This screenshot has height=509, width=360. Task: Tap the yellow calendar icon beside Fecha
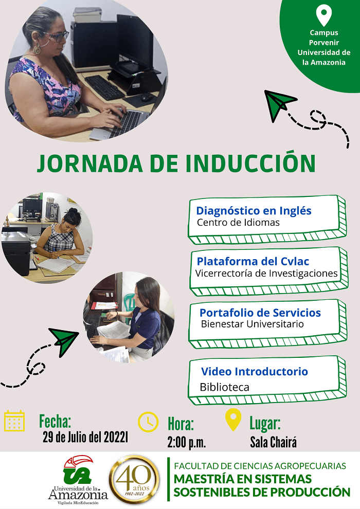point(14,421)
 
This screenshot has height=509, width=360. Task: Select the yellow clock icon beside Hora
point(148,422)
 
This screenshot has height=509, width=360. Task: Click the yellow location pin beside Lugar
point(233,420)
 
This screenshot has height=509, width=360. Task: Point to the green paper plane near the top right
point(279,104)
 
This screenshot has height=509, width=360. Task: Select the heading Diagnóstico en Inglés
point(254,211)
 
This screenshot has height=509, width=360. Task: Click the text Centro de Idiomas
point(238,223)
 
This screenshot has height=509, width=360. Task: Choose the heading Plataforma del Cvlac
point(253,261)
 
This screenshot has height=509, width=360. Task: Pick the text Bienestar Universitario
point(252,324)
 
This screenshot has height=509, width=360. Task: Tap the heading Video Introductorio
point(255,371)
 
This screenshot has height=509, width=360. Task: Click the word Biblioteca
point(224,387)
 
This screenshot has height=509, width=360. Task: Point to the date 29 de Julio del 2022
point(84,437)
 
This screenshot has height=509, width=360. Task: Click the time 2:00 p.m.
point(186,442)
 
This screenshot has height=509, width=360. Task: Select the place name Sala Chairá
point(273,442)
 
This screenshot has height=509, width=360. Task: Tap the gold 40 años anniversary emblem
point(134,479)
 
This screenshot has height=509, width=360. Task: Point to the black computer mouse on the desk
point(147,97)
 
